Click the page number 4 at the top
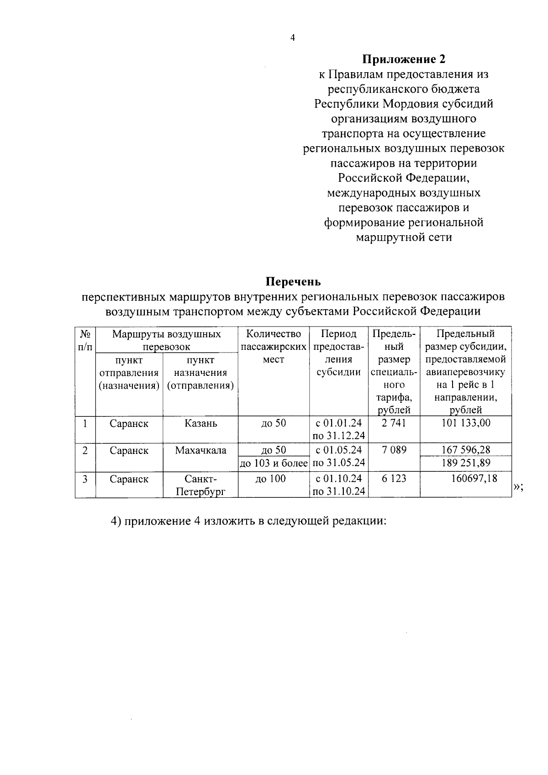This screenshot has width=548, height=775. point(293,38)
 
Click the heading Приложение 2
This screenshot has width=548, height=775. point(404,59)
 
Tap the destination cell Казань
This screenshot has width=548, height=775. point(201,423)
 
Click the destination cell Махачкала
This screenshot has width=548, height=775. point(201,450)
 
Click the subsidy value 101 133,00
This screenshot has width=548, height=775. point(466,423)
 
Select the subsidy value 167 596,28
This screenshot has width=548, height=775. point(466,450)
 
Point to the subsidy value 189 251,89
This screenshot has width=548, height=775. point(466,463)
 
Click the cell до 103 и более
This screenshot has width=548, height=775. point(274,463)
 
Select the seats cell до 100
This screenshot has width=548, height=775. point(274,479)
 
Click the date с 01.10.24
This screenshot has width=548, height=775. point(339,479)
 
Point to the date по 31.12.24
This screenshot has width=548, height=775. point(339,435)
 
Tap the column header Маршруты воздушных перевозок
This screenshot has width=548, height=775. point(167,340)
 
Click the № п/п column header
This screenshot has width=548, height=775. point(85,340)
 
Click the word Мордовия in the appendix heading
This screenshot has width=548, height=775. point(412,104)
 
